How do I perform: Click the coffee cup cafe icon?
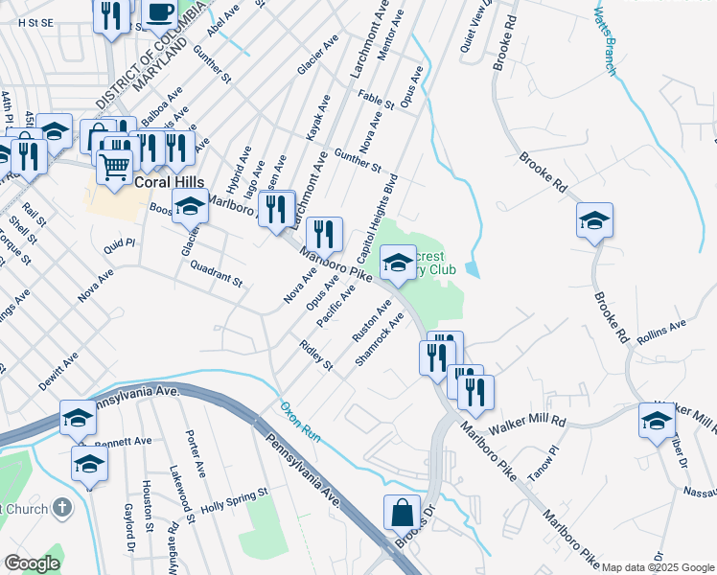(x=159, y=14)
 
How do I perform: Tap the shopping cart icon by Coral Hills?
(x=114, y=167)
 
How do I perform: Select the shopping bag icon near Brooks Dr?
(x=402, y=514)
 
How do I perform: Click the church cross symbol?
(x=62, y=507)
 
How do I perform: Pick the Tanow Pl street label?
(x=549, y=451)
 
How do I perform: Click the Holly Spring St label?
(x=226, y=501)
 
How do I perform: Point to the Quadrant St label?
(x=216, y=273)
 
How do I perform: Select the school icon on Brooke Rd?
(x=594, y=220)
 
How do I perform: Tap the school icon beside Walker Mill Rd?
(x=658, y=420)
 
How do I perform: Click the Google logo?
(x=32, y=563)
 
